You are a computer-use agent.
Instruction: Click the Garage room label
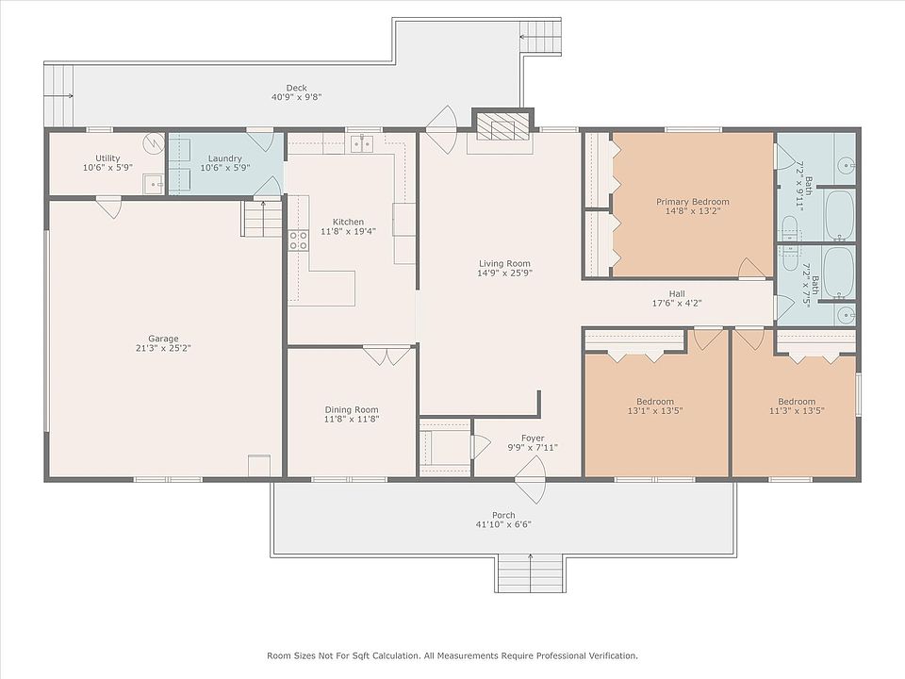[x=163, y=339]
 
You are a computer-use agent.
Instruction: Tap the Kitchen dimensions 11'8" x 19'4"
[x=348, y=232]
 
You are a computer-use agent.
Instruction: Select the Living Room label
[x=504, y=263]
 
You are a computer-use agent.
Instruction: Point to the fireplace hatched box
[x=502, y=125]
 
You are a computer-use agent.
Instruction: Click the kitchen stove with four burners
[x=298, y=240]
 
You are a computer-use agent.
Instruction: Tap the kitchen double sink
[x=362, y=142]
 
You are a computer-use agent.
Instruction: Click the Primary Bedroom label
[x=693, y=202]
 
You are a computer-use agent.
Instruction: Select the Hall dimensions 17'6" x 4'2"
[x=677, y=303]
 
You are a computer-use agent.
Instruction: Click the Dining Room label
[x=352, y=410]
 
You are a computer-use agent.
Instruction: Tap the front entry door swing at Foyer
[x=531, y=479]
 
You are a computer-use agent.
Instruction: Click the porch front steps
[x=530, y=572]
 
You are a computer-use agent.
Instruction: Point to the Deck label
[x=297, y=88]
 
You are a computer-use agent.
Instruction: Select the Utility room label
[x=107, y=158]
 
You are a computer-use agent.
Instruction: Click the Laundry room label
[x=225, y=158]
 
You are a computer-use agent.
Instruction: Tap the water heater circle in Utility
[x=154, y=142]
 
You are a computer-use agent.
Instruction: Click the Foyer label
[x=533, y=439]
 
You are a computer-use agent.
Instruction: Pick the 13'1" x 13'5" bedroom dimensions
[x=655, y=411]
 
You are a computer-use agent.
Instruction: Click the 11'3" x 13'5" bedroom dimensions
[x=797, y=411]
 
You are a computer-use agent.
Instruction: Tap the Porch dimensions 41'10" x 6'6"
[x=503, y=525]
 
